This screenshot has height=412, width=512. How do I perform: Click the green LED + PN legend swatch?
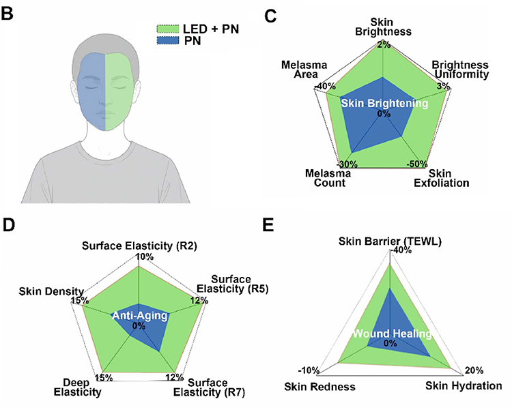(168, 29)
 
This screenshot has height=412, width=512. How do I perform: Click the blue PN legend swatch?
(168, 41)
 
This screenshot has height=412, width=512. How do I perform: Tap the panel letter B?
(7, 14)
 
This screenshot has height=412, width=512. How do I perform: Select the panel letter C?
(270, 16)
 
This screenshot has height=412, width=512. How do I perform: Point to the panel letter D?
(8, 224)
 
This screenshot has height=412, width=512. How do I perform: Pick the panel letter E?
(268, 224)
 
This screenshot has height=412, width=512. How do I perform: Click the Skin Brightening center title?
(384, 104)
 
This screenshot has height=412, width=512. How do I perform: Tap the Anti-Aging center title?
(140, 315)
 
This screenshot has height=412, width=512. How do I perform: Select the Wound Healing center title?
(392, 334)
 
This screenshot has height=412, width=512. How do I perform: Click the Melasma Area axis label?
(304, 70)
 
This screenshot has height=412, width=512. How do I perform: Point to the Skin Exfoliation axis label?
(442, 178)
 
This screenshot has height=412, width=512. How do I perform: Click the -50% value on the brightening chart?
(417, 164)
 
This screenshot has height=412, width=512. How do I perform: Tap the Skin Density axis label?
(51, 291)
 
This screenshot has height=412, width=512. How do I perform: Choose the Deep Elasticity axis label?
(77, 387)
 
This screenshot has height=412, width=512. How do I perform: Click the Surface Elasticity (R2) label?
(139, 246)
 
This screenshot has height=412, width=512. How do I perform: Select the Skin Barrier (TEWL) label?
(390, 241)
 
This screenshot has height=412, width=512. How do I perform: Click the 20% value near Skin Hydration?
(474, 370)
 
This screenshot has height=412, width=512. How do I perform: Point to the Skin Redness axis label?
(319, 387)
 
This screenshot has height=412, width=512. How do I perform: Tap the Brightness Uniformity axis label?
(460, 69)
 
